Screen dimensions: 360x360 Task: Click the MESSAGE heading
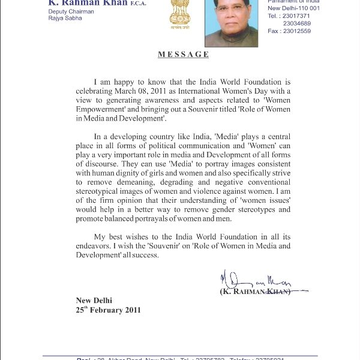(x=183, y=55)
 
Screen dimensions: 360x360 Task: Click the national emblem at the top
(x=179, y=14)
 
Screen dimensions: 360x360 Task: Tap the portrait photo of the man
(x=231, y=23)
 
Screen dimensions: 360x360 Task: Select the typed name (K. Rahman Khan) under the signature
(x=255, y=291)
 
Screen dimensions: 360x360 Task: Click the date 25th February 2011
(x=108, y=310)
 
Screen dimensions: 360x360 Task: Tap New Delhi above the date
(x=94, y=301)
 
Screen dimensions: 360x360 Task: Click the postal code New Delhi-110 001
(x=294, y=8)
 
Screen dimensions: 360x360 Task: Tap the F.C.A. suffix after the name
(x=139, y=4)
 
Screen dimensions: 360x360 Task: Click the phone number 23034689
(x=296, y=24)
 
